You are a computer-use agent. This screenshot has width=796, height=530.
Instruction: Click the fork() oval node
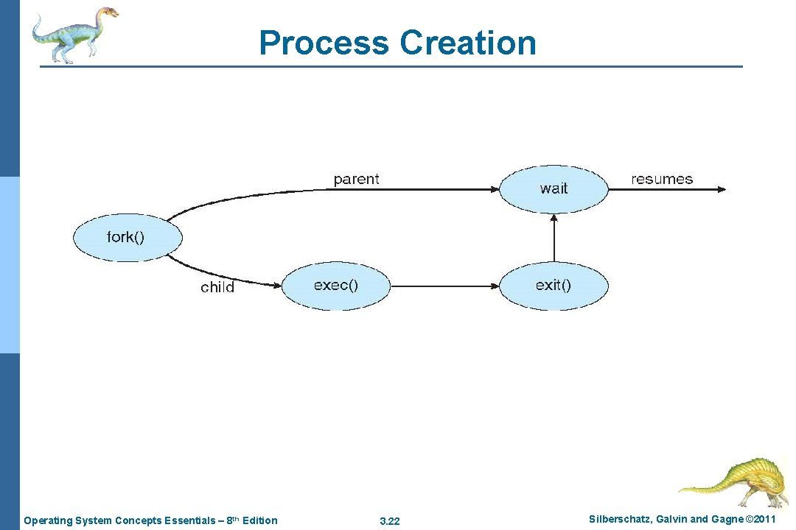[x=127, y=237]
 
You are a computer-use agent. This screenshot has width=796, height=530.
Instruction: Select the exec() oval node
[x=335, y=285]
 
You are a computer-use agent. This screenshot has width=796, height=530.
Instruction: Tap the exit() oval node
[x=554, y=285]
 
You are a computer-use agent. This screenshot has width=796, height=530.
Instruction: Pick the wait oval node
[x=554, y=188]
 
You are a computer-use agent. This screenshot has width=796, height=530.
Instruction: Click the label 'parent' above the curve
[x=356, y=179]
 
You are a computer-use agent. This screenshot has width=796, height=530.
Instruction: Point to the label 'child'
[x=217, y=287]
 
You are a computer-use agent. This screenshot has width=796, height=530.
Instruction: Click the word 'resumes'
[x=662, y=179]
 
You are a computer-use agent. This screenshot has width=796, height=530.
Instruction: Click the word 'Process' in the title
[x=324, y=43]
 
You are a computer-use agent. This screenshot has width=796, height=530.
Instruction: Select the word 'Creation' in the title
[x=468, y=43]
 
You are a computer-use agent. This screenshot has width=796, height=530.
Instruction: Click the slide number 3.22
[x=389, y=521]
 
